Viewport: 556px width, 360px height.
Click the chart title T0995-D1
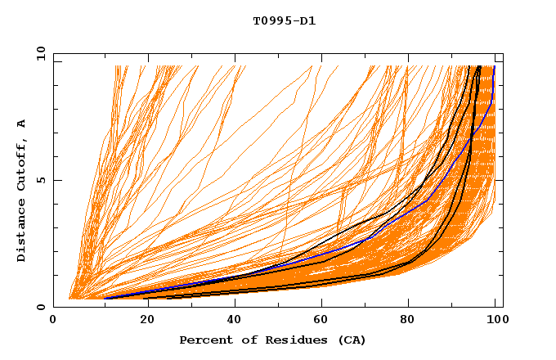pos(284,21)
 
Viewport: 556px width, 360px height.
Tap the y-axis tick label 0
pos(41,307)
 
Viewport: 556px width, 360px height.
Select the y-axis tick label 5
pos(41,180)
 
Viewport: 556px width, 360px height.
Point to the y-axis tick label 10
pos(38,53)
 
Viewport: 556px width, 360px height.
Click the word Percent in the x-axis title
pos(203,340)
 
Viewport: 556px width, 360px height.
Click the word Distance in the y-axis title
pos(21,230)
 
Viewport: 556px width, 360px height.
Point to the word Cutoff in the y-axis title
pos(21,162)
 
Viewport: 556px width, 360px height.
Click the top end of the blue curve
pos(494,67)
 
